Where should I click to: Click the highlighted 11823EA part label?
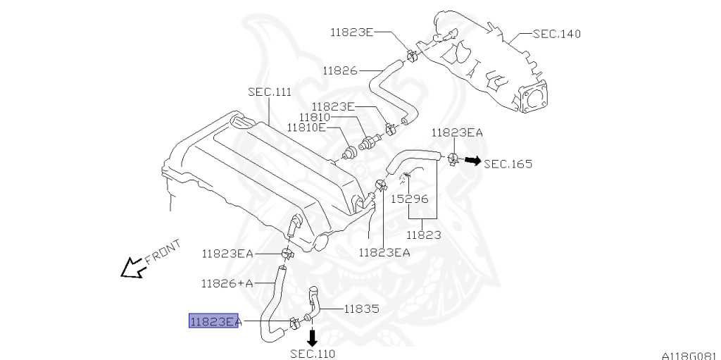point(214,321)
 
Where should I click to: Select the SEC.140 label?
point(556,34)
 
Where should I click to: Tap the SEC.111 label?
point(270,92)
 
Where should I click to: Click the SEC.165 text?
point(508,164)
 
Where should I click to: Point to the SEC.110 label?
point(313,354)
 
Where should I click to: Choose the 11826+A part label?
point(227,283)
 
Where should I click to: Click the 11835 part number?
point(362,309)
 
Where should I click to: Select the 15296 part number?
point(409,199)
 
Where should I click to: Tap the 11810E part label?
point(306,128)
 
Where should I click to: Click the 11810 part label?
point(315,118)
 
